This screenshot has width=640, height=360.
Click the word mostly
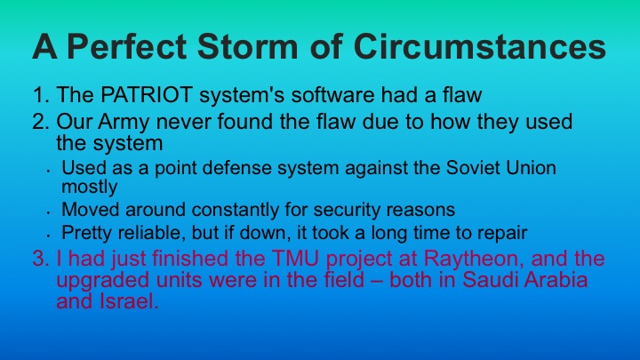click(88, 187)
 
